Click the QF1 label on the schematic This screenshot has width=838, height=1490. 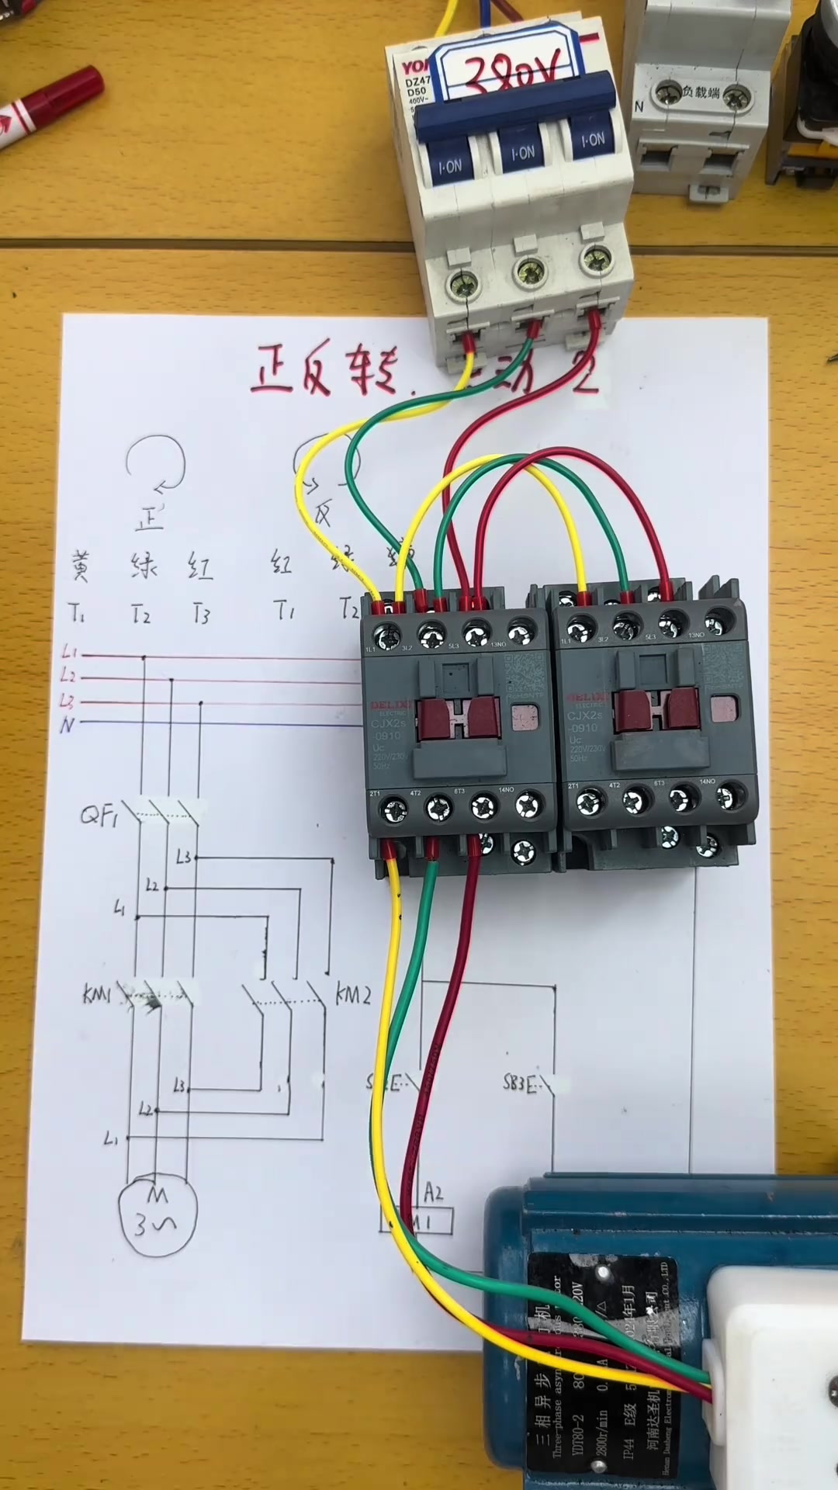99,816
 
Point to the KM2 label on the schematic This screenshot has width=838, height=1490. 353,994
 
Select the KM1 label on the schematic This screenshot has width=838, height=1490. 98,994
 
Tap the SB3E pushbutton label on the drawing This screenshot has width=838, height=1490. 519,1083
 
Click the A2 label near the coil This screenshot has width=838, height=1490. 433,1192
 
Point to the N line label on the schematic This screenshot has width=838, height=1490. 68,725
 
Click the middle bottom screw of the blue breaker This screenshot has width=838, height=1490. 531,272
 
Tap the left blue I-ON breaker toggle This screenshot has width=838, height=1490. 449,164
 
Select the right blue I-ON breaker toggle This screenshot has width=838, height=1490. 593,140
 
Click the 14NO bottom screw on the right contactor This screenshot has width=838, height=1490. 727,796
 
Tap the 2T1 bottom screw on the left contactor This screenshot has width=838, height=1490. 393,810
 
